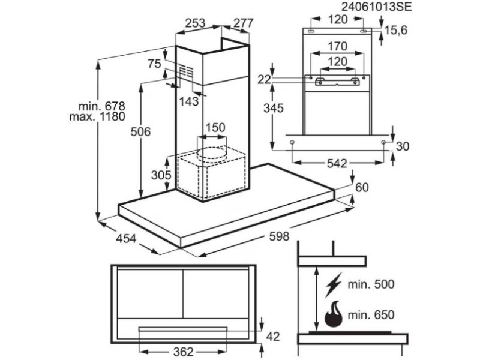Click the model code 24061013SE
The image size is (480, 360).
pos(376,7)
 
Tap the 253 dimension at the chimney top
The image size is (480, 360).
pos(195,23)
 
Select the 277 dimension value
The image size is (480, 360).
pos(244,23)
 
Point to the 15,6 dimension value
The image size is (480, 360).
pos(396,30)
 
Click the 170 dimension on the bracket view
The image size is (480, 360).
pos(337,46)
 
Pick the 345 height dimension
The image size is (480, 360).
pos(274,108)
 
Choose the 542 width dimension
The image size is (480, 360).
pos(337,163)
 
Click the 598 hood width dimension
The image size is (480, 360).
pos(279,236)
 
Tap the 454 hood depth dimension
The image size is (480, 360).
pos(126,238)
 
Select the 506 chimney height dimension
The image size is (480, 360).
pos(140,131)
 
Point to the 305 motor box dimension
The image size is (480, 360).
pos(161,175)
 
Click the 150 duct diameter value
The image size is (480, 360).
pos(215,127)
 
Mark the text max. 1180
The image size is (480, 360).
pos(97,116)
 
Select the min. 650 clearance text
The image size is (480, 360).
pos(371,314)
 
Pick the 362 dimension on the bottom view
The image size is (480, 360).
pos(183,352)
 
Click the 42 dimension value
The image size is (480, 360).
pos(273,337)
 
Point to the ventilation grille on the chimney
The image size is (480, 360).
pos(186,72)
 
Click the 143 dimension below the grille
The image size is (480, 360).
pos(189,101)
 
